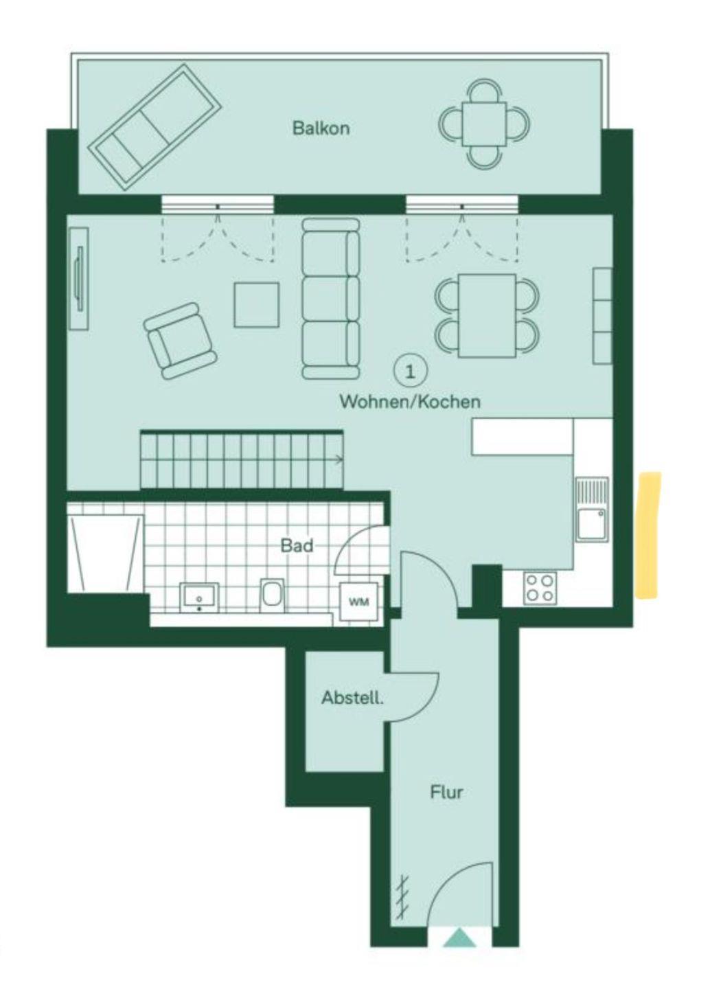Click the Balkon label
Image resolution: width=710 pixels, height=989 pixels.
(x=321, y=128)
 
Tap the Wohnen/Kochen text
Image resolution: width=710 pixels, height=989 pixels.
(x=410, y=402)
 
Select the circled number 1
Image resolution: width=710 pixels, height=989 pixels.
(x=410, y=373)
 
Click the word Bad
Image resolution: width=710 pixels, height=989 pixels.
(x=297, y=546)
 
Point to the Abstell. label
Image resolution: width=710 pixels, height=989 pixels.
(x=352, y=698)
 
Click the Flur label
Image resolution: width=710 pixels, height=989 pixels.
(x=446, y=793)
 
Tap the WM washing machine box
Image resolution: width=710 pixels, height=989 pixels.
(x=359, y=602)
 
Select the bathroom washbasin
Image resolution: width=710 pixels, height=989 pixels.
(x=199, y=598)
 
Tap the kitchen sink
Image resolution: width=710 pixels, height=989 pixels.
(x=592, y=510)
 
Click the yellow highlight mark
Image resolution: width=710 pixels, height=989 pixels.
(x=649, y=534)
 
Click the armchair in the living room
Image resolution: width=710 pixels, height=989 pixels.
(x=180, y=341)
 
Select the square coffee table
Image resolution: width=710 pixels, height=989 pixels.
(x=257, y=305)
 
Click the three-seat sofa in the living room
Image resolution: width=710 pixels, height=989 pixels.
(x=331, y=299)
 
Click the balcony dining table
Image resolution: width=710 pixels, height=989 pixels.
(x=484, y=124)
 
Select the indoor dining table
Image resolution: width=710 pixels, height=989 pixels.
(x=487, y=315)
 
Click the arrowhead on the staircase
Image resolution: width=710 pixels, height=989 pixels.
(x=341, y=460)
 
